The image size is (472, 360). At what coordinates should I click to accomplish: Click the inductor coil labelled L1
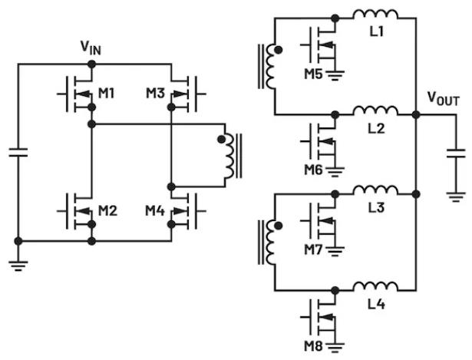pos(375,15)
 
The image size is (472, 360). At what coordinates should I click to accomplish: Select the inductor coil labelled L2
pos(375,112)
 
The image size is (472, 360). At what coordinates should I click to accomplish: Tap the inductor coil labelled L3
pos(375,190)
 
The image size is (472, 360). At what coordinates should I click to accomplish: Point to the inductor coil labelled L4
pos(375,286)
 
